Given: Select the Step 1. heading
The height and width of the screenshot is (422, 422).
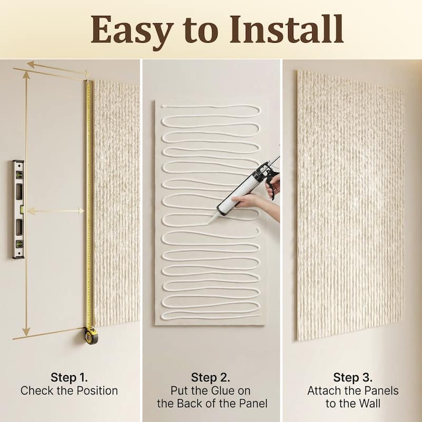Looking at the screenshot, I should click(x=69, y=377).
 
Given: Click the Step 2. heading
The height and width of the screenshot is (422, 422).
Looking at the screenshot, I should click(x=210, y=377).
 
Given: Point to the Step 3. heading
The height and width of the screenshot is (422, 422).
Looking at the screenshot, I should click(x=352, y=377).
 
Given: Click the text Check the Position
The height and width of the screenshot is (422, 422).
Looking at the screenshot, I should click(x=69, y=391).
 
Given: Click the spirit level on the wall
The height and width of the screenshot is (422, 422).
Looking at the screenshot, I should click(x=18, y=209).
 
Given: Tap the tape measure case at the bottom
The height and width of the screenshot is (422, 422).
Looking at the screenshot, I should click(x=91, y=335).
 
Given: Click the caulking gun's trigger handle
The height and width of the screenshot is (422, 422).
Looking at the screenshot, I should click(x=272, y=185).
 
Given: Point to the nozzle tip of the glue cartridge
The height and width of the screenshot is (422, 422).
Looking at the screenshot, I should click(x=206, y=223).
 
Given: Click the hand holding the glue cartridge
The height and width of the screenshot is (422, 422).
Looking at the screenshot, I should click(x=248, y=202).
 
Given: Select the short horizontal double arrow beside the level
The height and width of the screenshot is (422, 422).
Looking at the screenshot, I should click(x=55, y=211).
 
